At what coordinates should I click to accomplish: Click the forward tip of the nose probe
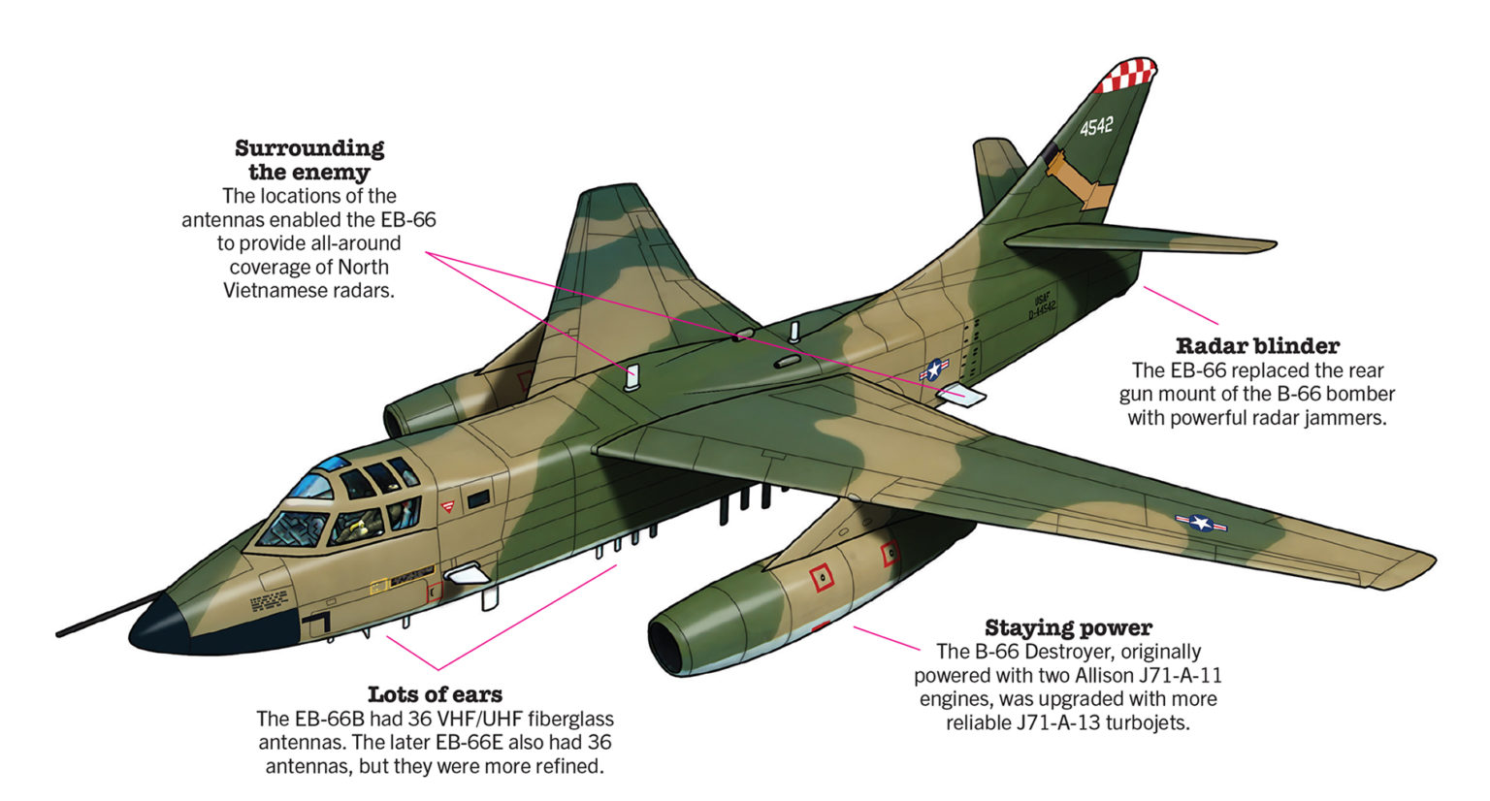58,635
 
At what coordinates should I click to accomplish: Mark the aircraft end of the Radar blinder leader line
1144,286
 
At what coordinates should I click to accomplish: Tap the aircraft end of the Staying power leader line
855,626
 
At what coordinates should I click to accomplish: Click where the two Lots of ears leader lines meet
437,669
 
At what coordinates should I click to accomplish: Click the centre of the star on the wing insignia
1201,523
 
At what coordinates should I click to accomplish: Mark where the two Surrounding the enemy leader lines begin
427,253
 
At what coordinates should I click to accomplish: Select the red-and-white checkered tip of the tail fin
1125,75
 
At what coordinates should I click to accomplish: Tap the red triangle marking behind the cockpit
448,506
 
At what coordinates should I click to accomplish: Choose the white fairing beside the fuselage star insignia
962,396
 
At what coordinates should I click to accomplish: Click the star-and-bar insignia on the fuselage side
934,369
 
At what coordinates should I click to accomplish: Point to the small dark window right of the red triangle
478,498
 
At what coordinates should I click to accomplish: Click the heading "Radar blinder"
1257,345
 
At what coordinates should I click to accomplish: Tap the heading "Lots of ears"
435,694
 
